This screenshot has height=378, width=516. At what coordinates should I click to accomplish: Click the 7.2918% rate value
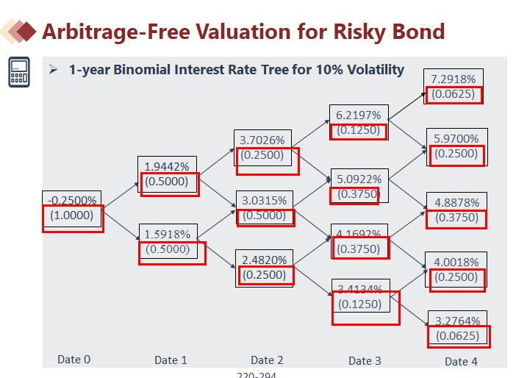tap(453, 79)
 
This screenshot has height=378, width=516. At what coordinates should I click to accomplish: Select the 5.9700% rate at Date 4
tap(456, 138)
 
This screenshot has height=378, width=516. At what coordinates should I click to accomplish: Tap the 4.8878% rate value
tap(456, 202)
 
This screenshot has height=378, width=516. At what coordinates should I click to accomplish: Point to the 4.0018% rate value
tap(456, 262)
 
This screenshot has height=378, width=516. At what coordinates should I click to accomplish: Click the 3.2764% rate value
tap(457, 321)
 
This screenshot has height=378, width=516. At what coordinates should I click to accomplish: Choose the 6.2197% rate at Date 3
tap(358, 115)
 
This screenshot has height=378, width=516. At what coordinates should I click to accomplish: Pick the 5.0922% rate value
tap(359, 179)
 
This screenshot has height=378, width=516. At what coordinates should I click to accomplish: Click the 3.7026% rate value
tap(262, 139)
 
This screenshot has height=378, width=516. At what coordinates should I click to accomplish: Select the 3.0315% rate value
tap(264, 200)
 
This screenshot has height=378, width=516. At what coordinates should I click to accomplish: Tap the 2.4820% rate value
tap(264, 260)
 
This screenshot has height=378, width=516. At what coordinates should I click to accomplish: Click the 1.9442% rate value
tap(166, 166)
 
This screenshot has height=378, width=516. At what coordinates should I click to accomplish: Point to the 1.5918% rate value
tap(167, 234)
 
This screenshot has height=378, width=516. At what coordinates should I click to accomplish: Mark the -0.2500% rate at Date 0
tap(71, 200)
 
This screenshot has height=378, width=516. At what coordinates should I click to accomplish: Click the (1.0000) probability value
tap(71, 215)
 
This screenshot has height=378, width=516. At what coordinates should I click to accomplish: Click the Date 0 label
tap(74, 360)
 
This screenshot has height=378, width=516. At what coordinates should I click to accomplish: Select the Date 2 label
tap(266, 360)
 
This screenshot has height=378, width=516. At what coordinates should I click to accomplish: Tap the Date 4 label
tap(461, 361)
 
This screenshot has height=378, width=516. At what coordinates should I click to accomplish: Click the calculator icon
tap(19, 72)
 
